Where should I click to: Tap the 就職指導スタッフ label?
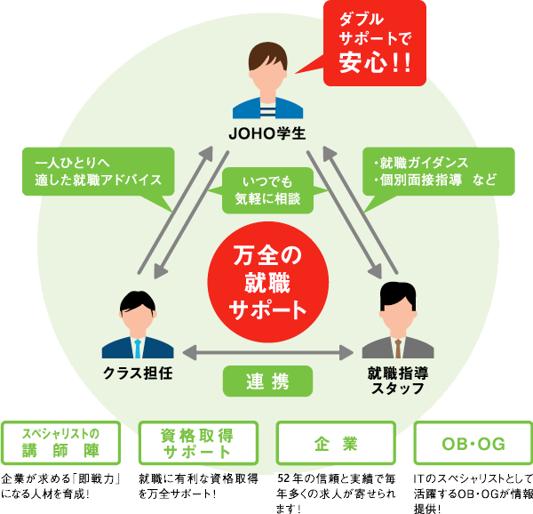pyautogui.click(x=397, y=381)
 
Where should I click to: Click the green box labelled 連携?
pyautogui.click(x=267, y=381)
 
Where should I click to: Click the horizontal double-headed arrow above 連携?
pyautogui.click(x=267, y=353)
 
